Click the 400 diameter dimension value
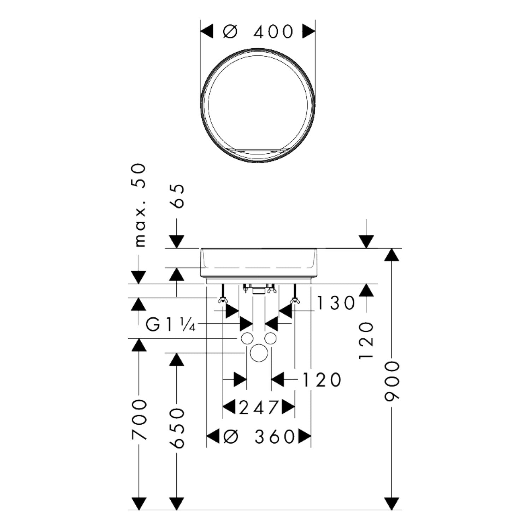tap(273, 32)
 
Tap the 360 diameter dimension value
tap(275, 437)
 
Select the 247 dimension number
tap(259, 408)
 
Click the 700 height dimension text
tap(139, 420)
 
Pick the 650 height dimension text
tap(177, 428)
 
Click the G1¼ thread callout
tap(171, 325)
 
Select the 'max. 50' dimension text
tap(140, 205)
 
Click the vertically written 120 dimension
tap(366, 340)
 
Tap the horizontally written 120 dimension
tap(322, 380)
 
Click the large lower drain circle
tap(259, 353)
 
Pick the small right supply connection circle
tap(270, 338)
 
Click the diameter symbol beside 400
tap(230, 32)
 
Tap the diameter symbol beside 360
tap(231, 437)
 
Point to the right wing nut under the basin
tap(295, 301)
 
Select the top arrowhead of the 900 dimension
tap(391, 254)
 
